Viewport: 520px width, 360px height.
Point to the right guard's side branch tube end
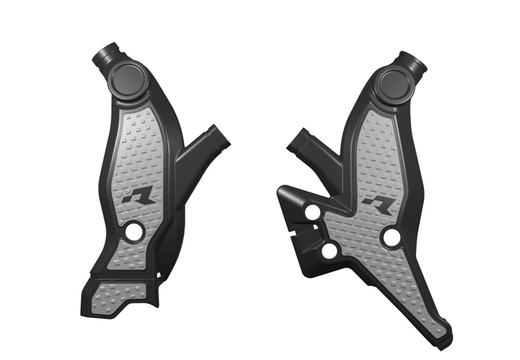(x=298, y=139)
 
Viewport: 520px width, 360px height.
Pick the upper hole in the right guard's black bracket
(x=313, y=212)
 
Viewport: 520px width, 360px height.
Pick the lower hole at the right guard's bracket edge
(x=329, y=251)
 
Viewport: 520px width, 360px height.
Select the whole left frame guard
(x=143, y=188)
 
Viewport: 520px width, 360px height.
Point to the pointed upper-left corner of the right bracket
(x=280, y=188)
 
